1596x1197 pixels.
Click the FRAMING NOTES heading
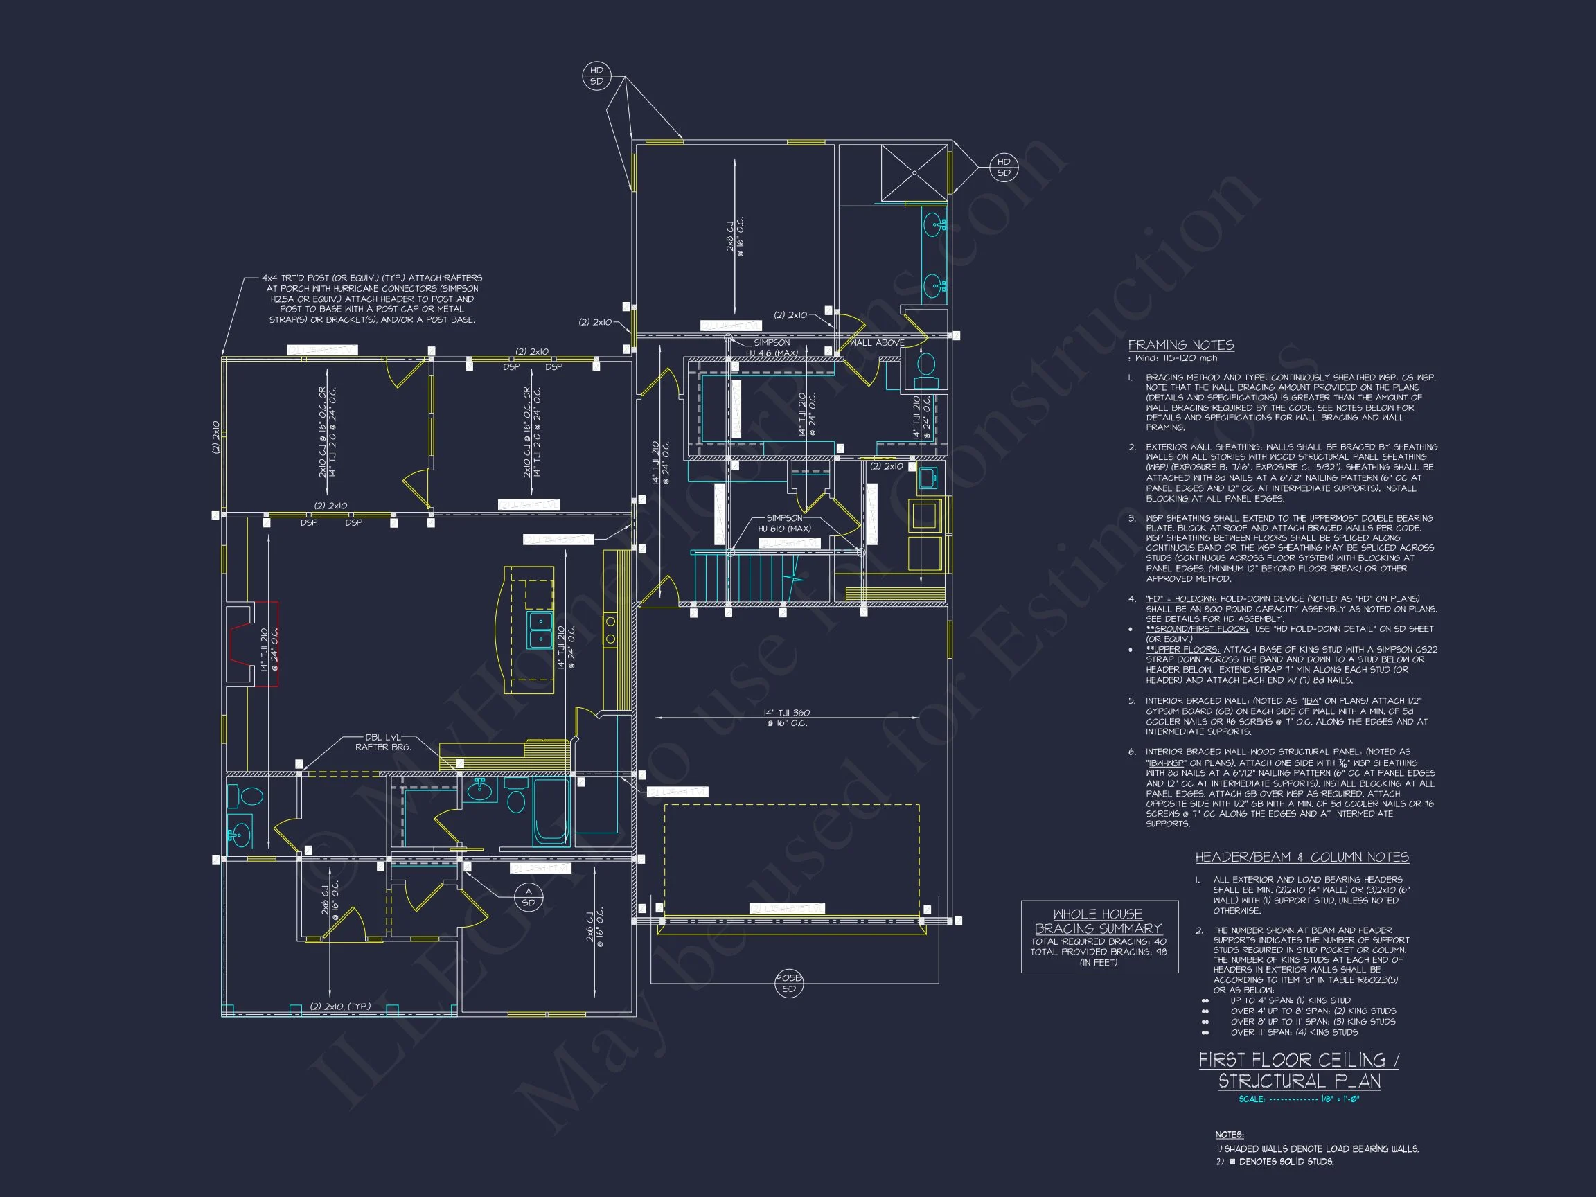click(1180, 345)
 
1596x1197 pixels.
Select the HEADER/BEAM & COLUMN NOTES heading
click(1302, 857)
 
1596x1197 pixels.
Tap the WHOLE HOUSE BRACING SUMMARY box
click(1099, 936)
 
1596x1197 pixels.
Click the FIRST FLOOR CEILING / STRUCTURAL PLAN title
click(1299, 1070)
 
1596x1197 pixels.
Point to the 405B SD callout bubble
click(788, 984)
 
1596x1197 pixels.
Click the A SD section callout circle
click(528, 897)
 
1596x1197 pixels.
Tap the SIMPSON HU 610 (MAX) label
click(784, 523)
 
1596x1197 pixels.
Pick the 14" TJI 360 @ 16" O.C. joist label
click(786, 718)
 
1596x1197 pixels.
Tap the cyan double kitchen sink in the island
click(540, 629)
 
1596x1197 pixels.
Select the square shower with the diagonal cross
click(914, 173)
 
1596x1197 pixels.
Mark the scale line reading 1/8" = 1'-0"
click(1299, 1099)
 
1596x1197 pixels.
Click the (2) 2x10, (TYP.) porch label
click(340, 1006)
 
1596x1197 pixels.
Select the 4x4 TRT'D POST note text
click(371, 299)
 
